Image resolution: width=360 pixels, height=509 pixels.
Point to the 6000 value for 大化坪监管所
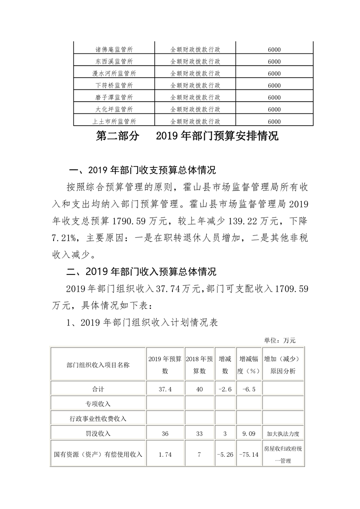(274, 109)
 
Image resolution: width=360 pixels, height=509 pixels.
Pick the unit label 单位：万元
(280, 340)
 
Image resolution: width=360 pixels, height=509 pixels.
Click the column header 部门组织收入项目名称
(98, 365)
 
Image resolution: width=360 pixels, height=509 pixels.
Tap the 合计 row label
(98, 389)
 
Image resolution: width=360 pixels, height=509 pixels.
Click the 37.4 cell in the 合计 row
(165, 389)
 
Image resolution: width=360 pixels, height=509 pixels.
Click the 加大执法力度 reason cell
(283, 433)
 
